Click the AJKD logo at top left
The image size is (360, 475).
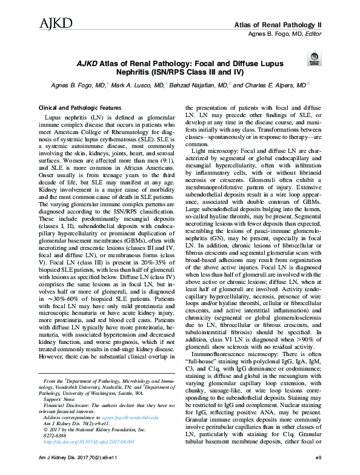(56, 24)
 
